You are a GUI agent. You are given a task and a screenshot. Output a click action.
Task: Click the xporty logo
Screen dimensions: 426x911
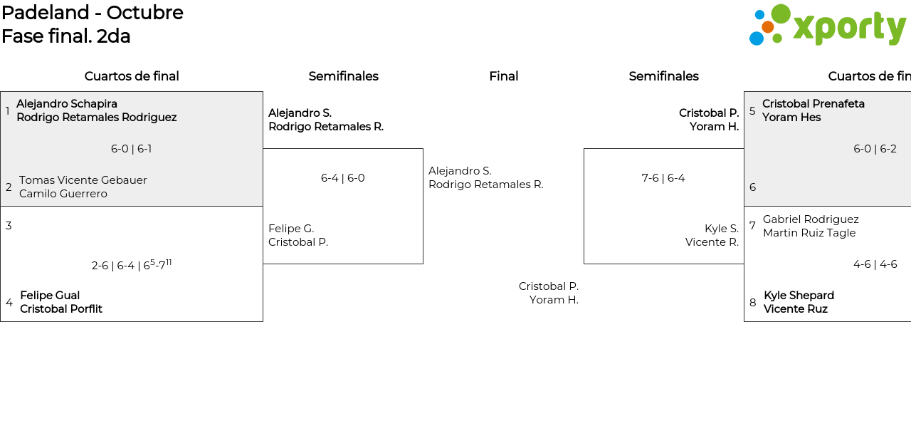pos(827,26)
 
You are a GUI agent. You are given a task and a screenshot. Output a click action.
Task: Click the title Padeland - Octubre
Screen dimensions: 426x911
pos(93,13)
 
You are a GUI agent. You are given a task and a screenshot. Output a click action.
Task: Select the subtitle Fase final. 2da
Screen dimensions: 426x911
pos(66,36)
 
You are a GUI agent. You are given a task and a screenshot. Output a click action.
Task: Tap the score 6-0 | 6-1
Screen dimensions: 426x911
pos(131,149)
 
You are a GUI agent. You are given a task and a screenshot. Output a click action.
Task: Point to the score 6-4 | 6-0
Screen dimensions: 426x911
pos(342,178)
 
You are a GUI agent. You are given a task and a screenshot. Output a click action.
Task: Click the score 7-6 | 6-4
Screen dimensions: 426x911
pos(663,178)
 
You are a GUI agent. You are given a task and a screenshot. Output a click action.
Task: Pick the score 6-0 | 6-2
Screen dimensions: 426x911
pos(875,149)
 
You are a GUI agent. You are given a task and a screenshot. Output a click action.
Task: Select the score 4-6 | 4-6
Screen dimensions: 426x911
pos(875,264)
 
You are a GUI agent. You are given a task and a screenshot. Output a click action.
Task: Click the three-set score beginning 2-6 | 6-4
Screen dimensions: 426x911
pos(132,265)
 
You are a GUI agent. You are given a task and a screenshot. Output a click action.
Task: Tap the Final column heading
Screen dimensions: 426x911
pos(503,76)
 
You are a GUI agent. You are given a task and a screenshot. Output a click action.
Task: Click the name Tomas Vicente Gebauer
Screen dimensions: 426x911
pos(83,180)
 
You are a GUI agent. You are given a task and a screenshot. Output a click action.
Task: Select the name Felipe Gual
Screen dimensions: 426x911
pos(50,296)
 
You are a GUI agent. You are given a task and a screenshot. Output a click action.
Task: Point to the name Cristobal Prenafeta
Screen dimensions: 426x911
pos(813,104)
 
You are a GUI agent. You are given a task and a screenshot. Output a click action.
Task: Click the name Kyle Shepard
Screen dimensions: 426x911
pos(799,296)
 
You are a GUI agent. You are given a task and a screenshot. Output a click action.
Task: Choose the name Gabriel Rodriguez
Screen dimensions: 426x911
pos(811,219)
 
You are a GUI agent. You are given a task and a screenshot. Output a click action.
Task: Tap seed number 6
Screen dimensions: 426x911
pos(752,187)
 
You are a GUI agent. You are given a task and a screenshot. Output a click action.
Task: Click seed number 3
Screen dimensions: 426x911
pos(9,226)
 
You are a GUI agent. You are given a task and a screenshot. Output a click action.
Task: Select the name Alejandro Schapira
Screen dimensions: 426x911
pos(67,104)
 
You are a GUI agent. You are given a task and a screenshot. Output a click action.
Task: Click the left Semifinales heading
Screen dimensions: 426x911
pos(343,76)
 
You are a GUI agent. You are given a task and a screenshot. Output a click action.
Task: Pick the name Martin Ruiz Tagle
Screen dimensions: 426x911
pos(809,233)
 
